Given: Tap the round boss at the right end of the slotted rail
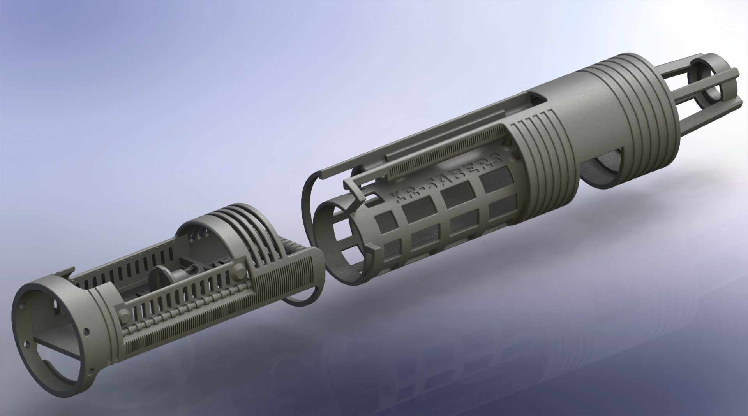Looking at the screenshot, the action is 238,269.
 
